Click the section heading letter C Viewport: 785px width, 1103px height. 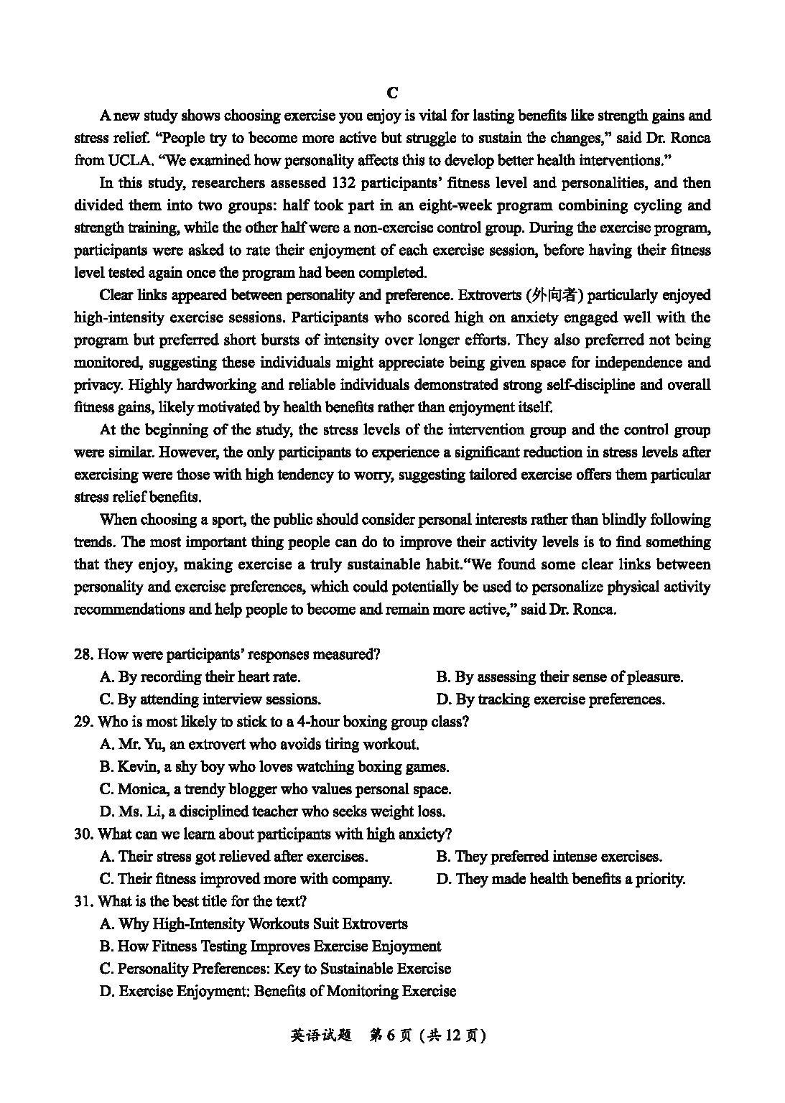(392, 93)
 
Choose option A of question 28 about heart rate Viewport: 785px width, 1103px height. (200, 676)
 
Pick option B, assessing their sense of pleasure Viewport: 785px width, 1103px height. (559, 676)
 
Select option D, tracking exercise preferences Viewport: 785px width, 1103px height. (550, 699)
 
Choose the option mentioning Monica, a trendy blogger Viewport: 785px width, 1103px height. (276, 789)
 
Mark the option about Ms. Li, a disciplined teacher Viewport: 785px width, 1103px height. (272, 811)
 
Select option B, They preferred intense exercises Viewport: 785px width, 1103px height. (549, 856)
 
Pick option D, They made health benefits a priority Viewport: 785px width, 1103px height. (560, 878)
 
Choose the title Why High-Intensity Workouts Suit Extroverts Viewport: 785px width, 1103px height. (254, 923)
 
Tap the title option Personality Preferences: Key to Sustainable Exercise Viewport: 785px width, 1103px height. (276, 968)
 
